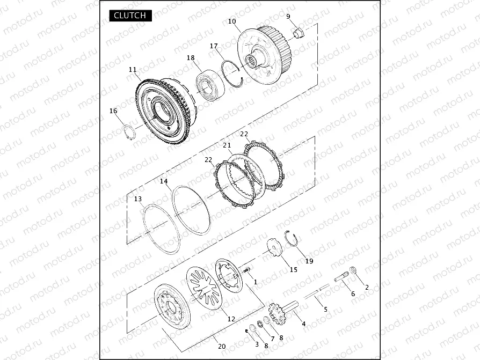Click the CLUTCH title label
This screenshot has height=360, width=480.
pos(130,16)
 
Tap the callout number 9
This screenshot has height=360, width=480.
pos(288,17)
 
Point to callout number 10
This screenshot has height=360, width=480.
pos(232,21)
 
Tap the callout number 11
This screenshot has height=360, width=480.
pos(133,70)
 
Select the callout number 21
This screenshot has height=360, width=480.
pos(227,145)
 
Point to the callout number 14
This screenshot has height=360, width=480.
pos(164,181)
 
